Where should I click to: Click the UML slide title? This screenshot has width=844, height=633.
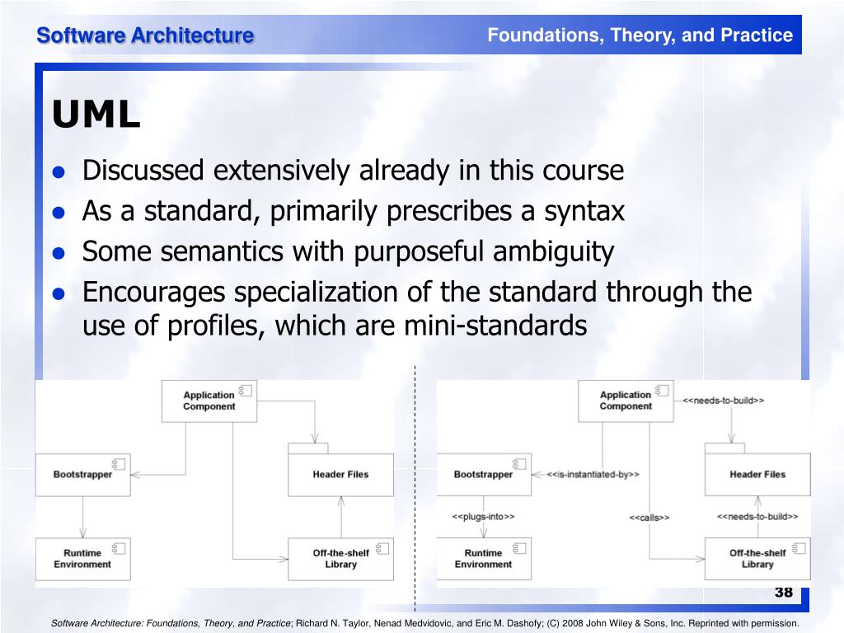click(x=96, y=115)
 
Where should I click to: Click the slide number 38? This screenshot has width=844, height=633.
click(x=783, y=593)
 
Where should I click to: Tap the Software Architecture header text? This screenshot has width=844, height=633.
click(x=144, y=35)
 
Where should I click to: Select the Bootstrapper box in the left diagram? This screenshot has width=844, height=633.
click(x=82, y=475)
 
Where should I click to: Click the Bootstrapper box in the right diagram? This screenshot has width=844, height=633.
click(x=484, y=475)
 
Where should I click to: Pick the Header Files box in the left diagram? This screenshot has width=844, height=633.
click(x=340, y=475)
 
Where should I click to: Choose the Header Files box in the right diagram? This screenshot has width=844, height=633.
click(x=757, y=475)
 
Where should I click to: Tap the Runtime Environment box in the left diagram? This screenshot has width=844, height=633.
click(x=82, y=559)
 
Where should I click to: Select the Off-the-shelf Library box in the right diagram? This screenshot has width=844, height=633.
click(x=757, y=559)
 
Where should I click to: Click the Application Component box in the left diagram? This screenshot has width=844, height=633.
click(x=209, y=401)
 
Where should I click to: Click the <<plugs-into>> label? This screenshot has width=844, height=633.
click(x=483, y=517)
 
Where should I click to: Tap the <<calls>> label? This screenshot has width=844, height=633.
click(x=649, y=518)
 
